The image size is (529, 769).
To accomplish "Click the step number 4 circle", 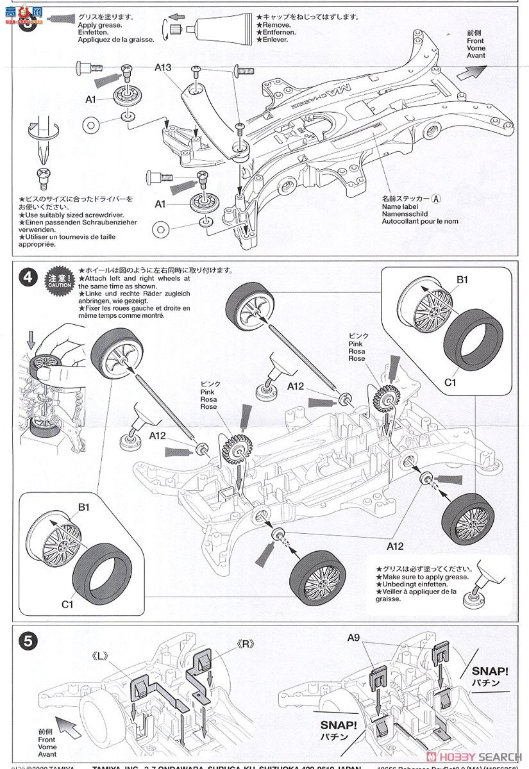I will point(28,277).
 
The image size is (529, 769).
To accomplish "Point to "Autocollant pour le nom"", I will point(420,222).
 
